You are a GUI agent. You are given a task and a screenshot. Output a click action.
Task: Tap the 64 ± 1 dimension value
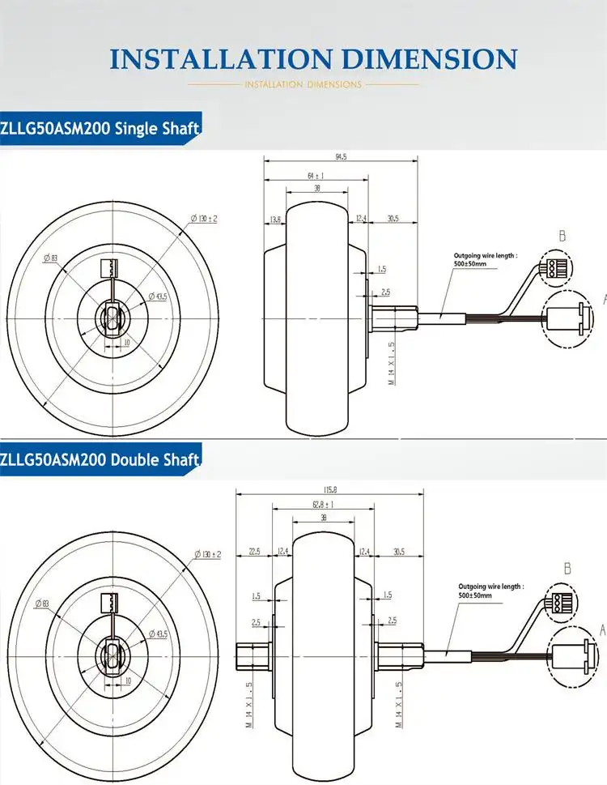[315, 175]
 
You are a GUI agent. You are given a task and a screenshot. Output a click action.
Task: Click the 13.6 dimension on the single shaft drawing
[275, 219]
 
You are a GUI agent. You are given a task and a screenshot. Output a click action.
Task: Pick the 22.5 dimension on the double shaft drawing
[254, 552]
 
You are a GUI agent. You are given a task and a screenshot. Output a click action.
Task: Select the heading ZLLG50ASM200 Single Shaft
[100, 128]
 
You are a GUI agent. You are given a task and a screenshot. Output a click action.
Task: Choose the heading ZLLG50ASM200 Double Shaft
[100, 461]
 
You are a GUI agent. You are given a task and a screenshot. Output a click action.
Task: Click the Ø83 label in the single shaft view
[49, 259]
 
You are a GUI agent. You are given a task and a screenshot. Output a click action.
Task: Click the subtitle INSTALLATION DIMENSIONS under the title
[303, 84]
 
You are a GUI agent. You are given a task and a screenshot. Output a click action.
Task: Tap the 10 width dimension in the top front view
[126, 343]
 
